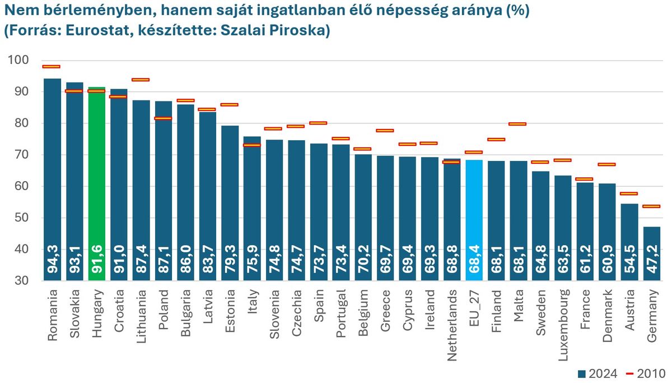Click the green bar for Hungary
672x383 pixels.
96,168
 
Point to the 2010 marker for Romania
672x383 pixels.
52,66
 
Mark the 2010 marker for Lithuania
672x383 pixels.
141,80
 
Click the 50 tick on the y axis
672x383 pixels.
22,218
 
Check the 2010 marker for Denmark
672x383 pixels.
607,164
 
